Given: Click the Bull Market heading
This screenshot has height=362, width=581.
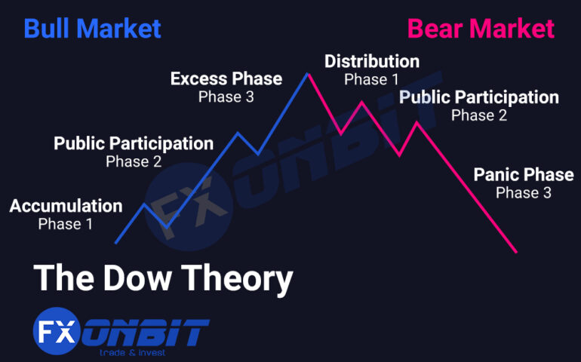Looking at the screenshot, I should [x=92, y=29].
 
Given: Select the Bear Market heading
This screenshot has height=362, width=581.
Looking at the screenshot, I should [x=481, y=29].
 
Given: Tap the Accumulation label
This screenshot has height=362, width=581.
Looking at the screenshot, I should [x=66, y=206].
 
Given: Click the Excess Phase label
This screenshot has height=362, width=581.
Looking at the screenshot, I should [x=226, y=78].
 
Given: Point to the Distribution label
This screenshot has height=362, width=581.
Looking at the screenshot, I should [x=371, y=61].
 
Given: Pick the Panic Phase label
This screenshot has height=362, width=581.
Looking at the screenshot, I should [x=523, y=175].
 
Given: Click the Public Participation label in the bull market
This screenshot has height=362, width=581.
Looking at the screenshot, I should [x=134, y=143].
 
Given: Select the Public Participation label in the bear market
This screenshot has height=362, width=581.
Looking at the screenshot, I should [x=478, y=97].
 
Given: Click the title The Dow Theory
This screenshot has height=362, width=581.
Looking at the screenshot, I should [x=163, y=278].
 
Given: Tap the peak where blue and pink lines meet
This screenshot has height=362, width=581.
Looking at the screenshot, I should [x=308, y=73].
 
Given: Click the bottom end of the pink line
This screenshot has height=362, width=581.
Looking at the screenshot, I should [x=516, y=252].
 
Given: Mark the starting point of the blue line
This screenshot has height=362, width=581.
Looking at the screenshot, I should [x=115, y=243].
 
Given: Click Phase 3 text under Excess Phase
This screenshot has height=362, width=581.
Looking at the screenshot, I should [x=226, y=97].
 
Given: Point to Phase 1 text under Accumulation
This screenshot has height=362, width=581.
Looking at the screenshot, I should [x=66, y=224].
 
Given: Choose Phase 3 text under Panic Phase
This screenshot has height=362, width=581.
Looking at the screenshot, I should [x=523, y=193].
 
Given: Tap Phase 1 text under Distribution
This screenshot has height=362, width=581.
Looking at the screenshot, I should [x=371, y=78].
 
